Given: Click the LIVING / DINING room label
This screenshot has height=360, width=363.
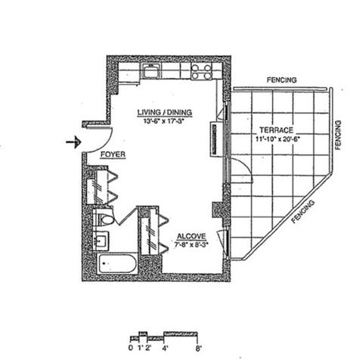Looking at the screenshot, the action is pos(165,113).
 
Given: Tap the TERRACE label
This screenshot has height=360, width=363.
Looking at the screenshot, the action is pos(277,130).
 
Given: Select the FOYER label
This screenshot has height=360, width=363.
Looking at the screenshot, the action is pos(113,154).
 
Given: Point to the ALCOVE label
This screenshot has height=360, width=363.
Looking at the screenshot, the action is pos(191,237).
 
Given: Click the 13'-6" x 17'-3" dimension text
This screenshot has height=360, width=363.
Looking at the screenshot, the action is pos(164,121).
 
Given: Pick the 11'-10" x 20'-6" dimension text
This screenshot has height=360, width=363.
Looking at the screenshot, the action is pos(277,139).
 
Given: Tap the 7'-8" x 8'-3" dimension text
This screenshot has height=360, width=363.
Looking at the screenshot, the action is pos(191,244).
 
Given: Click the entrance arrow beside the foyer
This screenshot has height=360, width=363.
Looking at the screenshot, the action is pos(73,142).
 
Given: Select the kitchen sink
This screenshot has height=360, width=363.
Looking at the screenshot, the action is pos(151,71).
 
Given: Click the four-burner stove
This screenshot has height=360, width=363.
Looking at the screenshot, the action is pos(201,71).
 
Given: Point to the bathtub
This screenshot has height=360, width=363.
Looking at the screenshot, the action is pos(117,264).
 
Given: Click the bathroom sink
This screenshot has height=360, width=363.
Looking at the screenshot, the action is pos(101,241).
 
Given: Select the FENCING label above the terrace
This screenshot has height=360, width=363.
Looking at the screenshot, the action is pos(281,80).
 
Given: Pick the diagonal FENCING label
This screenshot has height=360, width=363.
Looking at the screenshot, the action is pos(302,212).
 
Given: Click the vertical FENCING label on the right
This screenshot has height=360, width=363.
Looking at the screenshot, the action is pos(338,135).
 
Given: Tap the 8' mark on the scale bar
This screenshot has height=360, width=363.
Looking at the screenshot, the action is pos(198,349).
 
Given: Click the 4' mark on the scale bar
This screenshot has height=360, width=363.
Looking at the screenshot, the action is pos(165,349).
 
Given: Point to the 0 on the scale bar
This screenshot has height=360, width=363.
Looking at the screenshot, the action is pos(131,348).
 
